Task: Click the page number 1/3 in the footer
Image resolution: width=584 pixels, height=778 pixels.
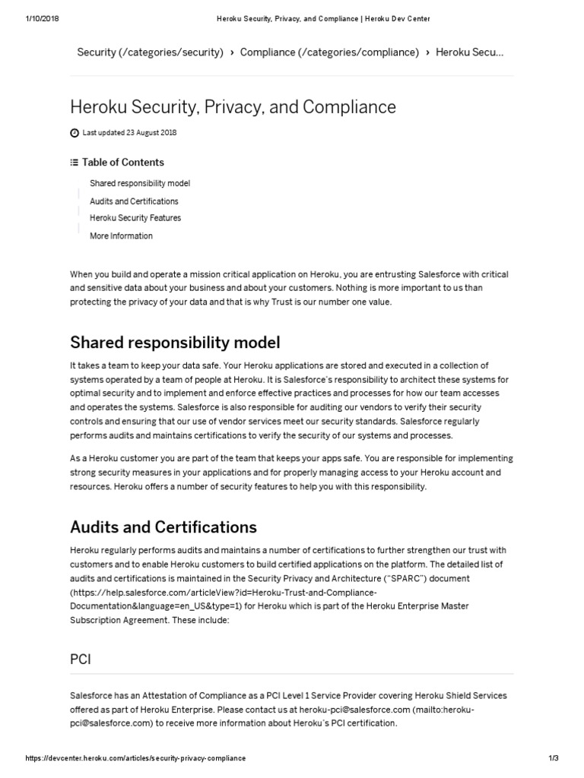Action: click(553, 758)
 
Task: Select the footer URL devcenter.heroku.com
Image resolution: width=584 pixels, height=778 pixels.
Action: click(136, 758)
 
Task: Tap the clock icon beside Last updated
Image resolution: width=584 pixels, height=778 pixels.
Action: click(75, 133)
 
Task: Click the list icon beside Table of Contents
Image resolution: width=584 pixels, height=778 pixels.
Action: click(74, 162)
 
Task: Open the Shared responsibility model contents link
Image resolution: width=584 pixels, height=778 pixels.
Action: click(140, 183)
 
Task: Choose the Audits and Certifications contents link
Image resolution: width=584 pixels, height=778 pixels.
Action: click(134, 201)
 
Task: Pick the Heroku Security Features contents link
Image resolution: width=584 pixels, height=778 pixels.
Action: click(135, 218)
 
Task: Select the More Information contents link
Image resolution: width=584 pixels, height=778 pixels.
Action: click(121, 236)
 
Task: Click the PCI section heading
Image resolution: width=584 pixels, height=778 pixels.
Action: click(80, 659)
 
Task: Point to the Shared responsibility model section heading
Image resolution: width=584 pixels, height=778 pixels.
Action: click(175, 343)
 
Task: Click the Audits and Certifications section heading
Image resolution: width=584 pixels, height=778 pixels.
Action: click(163, 527)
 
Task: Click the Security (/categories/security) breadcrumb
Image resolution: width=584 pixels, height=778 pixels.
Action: click(150, 52)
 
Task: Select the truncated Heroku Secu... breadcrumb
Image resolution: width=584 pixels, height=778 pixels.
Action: click(468, 52)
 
